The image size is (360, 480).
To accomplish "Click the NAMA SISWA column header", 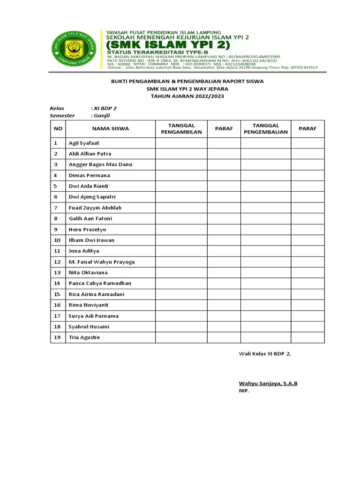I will click(110, 128).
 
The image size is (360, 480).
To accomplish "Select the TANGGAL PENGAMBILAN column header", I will click(181, 128).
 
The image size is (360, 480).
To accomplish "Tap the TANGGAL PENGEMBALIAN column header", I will click(266, 128).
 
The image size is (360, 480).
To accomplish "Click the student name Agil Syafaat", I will click(84, 143).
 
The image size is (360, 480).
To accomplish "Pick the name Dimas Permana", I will click(89, 175).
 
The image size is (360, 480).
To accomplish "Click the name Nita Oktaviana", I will click(88, 273).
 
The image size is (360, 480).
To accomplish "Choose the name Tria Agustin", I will click(84, 337).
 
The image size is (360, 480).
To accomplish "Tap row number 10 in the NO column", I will click(58, 240).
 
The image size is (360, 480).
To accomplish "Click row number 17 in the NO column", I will click(58, 316).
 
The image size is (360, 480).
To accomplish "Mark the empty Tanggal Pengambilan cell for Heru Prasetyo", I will click(181, 230).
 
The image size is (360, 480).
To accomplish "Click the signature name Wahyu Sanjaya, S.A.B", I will click(268, 383).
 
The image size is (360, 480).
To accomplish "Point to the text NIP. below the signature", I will click(244, 390).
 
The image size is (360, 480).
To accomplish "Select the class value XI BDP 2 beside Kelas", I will click(104, 108).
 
